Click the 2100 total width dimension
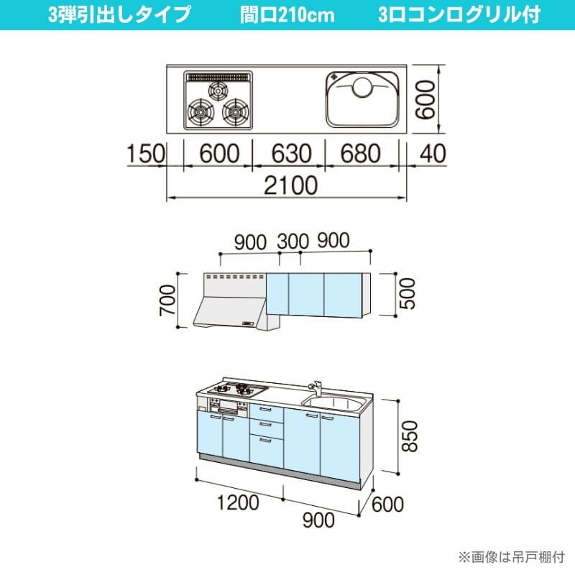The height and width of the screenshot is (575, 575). pyautogui.click(x=291, y=185)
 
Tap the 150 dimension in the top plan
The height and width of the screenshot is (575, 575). pyautogui.click(x=146, y=153)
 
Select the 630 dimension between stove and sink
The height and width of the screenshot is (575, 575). pyautogui.click(x=291, y=153)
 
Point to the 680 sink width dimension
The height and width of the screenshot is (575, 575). pyautogui.click(x=361, y=153)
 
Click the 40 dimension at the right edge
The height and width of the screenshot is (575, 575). pyautogui.click(x=433, y=153)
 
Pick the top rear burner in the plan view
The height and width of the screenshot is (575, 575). pyautogui.click(x=218, y=91)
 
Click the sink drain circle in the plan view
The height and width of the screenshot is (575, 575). pyautogui.click(x=363, y=87)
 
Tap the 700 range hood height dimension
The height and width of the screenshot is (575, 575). pyautogui.click(x=167, y=300)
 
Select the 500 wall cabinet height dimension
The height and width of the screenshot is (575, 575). pyautogui.click(x=407, y=293)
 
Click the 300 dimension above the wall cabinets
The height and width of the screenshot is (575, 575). pyautogui.click(x=293, y=241)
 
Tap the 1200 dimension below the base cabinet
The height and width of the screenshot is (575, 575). pyautogui.click(x=239, y=502)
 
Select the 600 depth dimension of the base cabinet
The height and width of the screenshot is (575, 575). pyautogui.click(x=387, y=505)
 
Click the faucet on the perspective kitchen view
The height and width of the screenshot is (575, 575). pyautogui.click(x=316, y=389)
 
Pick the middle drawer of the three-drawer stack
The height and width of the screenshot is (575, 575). pyautogui.click(x=266, y=427)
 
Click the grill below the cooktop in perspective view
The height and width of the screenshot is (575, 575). pyautogui.click(x=229, y=407)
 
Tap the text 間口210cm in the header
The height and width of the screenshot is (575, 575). pyautogui.click(x=287, y=15)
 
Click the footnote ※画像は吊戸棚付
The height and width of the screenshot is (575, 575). pyautogui.click(x=512, y=558)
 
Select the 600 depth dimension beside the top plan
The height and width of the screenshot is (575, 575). pyautogui.click(x=426, y=100)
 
